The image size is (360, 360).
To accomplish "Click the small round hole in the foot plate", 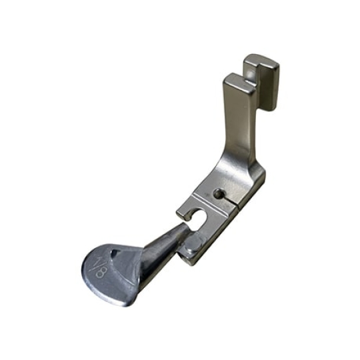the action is pyautogui.click(x=219, y=193).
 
